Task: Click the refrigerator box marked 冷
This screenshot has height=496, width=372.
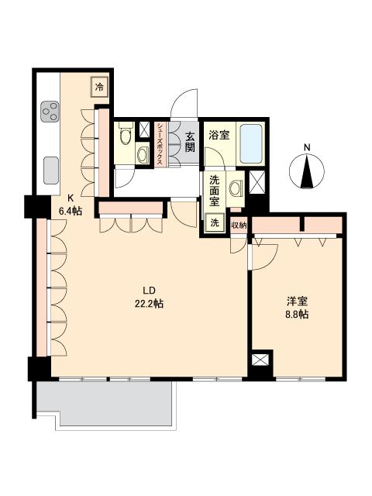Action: [100, 87]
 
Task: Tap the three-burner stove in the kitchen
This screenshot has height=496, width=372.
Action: [50, 112]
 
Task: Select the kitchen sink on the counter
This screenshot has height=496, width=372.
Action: [51, 170]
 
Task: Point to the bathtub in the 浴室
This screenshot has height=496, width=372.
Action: [251, 143]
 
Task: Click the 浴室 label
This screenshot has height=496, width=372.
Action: [219, 136]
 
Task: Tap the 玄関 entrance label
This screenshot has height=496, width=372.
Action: [189, 142]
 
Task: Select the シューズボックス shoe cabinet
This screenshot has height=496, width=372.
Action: [160, 144]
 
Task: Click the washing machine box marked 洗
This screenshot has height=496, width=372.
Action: [215, 222]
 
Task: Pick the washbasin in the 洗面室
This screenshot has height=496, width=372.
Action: [236, 188]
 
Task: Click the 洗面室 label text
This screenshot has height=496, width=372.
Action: [214, 191]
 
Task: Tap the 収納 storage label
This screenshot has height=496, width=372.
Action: [239, 226]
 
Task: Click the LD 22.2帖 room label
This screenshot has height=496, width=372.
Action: [149, 298]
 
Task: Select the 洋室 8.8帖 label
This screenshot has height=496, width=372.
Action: [298, 308]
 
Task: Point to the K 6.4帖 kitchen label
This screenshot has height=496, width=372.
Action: [71, 205]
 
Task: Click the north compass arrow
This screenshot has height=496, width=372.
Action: [307, 171]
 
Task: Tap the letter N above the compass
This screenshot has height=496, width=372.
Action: [307, 147]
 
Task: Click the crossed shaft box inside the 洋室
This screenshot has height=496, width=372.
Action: [260, 360]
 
